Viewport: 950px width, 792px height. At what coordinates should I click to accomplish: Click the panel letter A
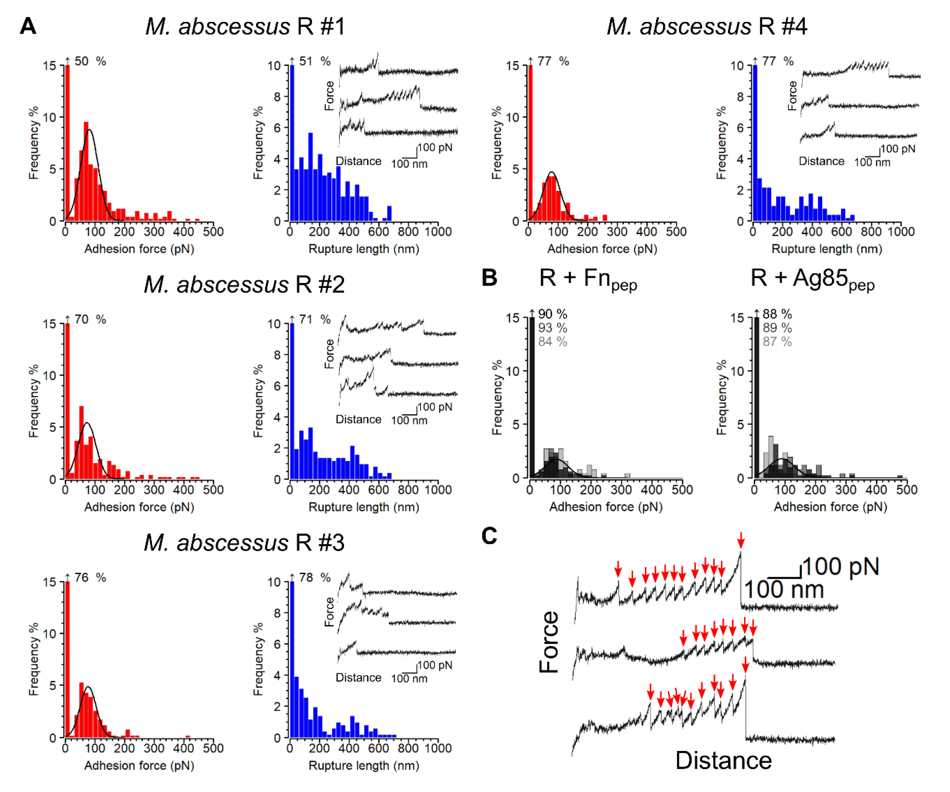pos(28,26)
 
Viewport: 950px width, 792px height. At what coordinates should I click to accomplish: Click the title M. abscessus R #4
pos(707,26)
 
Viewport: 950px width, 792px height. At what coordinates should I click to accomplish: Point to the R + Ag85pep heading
pos(812,279)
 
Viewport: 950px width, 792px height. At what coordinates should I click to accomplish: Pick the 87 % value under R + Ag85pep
pos(777,341)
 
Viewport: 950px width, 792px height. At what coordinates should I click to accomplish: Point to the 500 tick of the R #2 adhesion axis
pos(213,490)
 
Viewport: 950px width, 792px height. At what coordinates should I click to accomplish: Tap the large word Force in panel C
pos(549,642)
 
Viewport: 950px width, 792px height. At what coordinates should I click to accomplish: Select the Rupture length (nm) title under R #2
pos(364,507)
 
